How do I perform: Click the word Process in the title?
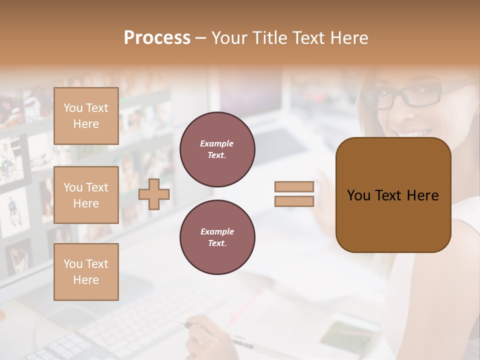click(x=157, y=38)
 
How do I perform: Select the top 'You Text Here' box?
click(x=86, y=116)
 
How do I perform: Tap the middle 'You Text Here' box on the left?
click(x=86, y=195)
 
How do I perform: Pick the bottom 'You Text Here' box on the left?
click(x=86, y=271)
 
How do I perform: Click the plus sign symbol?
click(x=154, y=194)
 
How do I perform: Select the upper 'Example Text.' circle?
click(x=217, y=149)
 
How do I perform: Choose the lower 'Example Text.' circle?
click(x=217, y=237)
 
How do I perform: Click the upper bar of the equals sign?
click(x=294, y=186)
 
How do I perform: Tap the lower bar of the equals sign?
click(x=294, y=201)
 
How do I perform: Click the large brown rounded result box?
click(x=393, y=195)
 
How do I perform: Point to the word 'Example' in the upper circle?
click(x=217, y=143)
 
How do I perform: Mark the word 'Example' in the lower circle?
click(x=217, y=231)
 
